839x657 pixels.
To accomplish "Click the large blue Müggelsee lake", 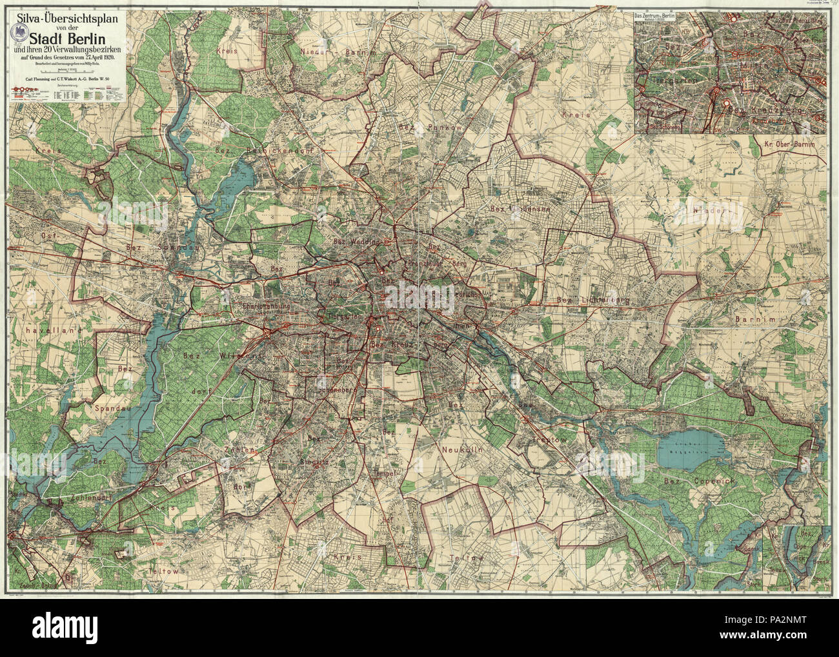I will pos(689,445).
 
